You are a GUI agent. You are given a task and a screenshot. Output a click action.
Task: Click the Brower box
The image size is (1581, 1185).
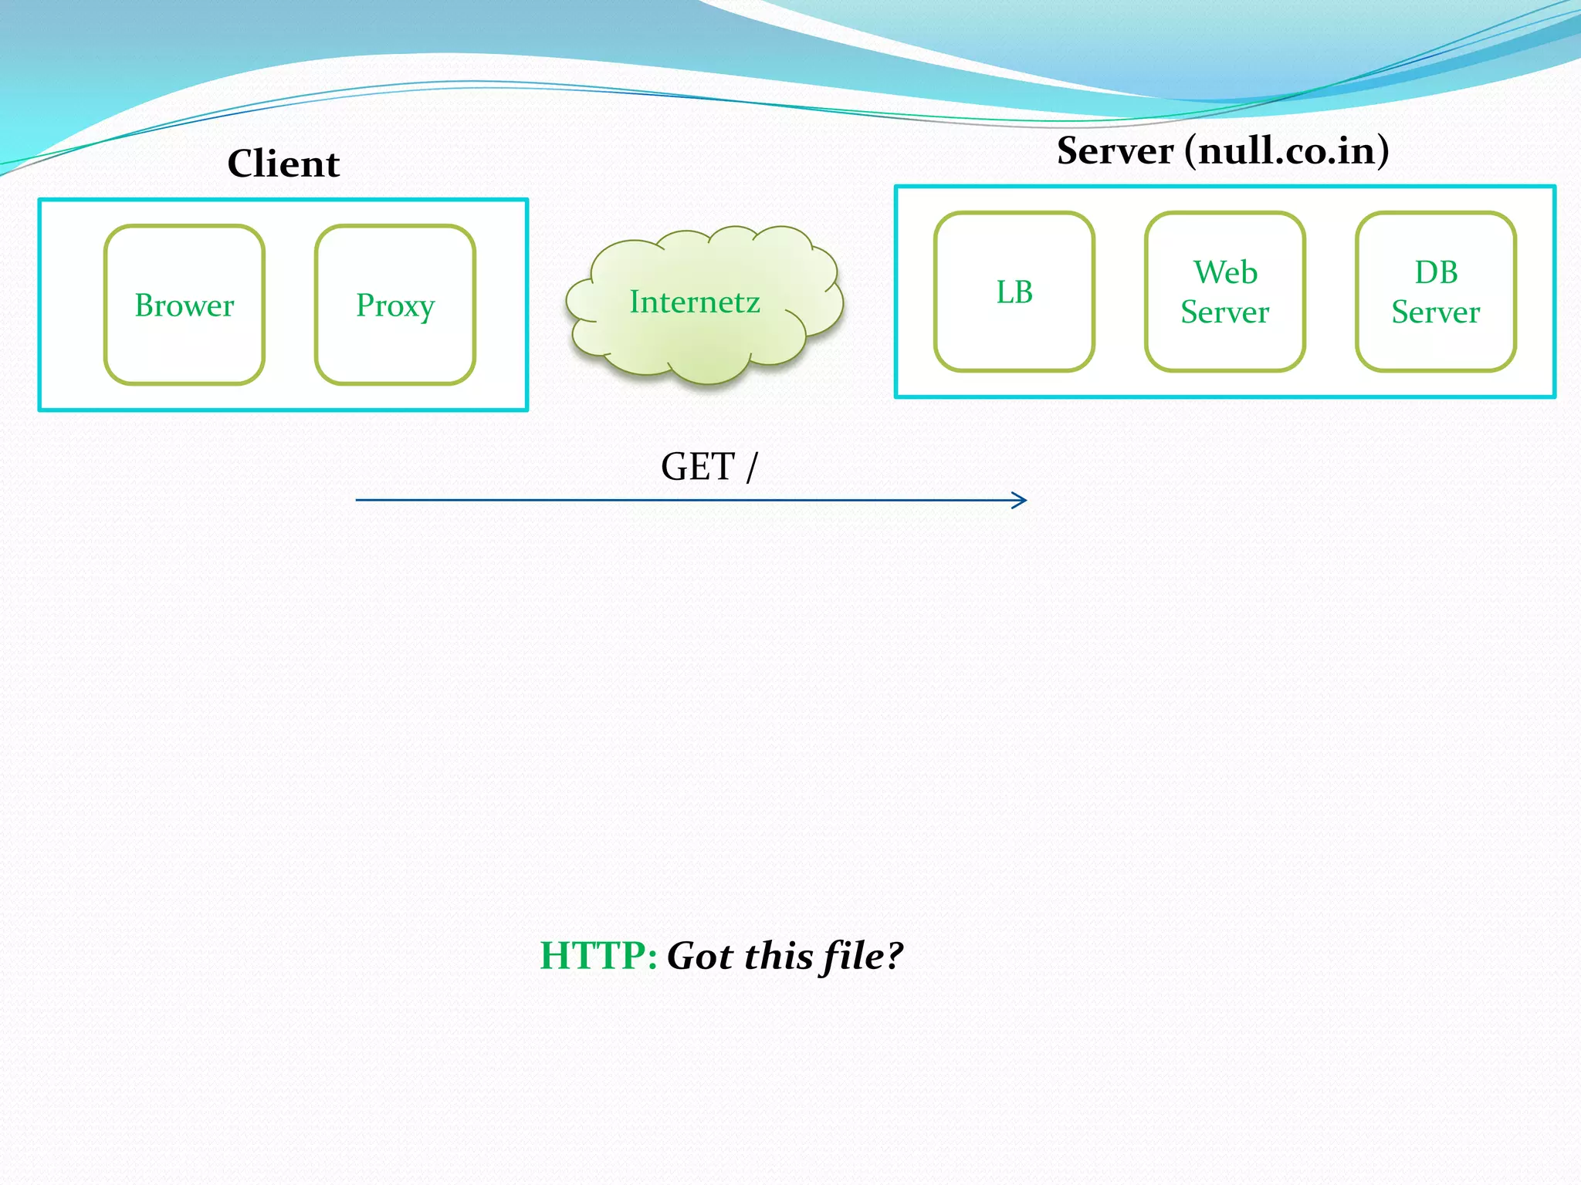[x=185, y=306]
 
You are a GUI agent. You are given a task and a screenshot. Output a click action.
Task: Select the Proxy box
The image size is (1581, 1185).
[x=395, y=306]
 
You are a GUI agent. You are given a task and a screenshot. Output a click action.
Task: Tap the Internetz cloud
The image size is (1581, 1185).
[x=695, y=302]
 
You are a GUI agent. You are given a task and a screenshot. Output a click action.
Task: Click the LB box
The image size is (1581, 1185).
[x=1014, y=292]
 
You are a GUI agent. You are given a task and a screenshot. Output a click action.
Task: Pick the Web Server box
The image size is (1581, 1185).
[x=1225, y=292]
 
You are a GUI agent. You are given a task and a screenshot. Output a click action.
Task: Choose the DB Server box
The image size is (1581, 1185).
[x=1436, y=292]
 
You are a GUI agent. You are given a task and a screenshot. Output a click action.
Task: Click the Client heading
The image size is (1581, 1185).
[x=283, y=164]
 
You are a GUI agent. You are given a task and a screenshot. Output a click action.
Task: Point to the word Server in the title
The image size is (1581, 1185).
[x=1115, y=150]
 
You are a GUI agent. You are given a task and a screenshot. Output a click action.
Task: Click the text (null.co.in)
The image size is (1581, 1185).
[x=1287, y=150]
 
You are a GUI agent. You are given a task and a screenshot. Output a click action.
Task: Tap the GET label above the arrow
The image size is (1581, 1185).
[x=697, y=467]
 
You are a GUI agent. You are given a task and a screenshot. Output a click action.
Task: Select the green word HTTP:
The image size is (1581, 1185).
[x=598, y=955]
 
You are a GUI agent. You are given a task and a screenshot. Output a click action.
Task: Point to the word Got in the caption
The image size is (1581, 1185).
[x=701, y=955]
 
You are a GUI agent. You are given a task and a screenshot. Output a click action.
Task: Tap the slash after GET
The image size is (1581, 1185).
[x=752, y=468]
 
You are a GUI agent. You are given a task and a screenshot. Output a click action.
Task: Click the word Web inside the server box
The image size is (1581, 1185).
[x=1225, y=272]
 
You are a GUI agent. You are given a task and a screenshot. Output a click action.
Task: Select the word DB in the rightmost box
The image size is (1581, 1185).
[x=1436, y=272]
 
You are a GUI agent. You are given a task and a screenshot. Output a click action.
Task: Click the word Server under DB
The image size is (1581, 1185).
[x=1436, y=312]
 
